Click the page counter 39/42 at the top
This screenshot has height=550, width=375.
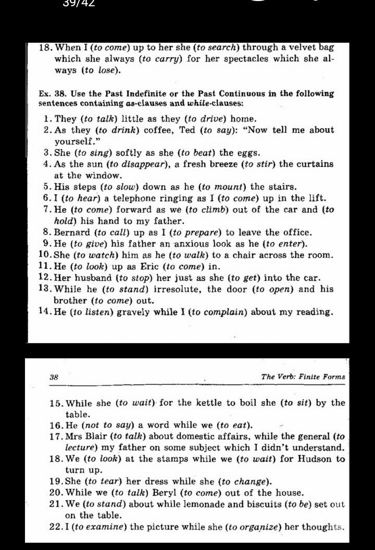coord(79,3)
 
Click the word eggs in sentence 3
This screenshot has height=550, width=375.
coord(249,153)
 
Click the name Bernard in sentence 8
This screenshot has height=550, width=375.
coord(73,232)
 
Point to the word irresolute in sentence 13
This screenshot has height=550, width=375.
coord(177,290)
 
